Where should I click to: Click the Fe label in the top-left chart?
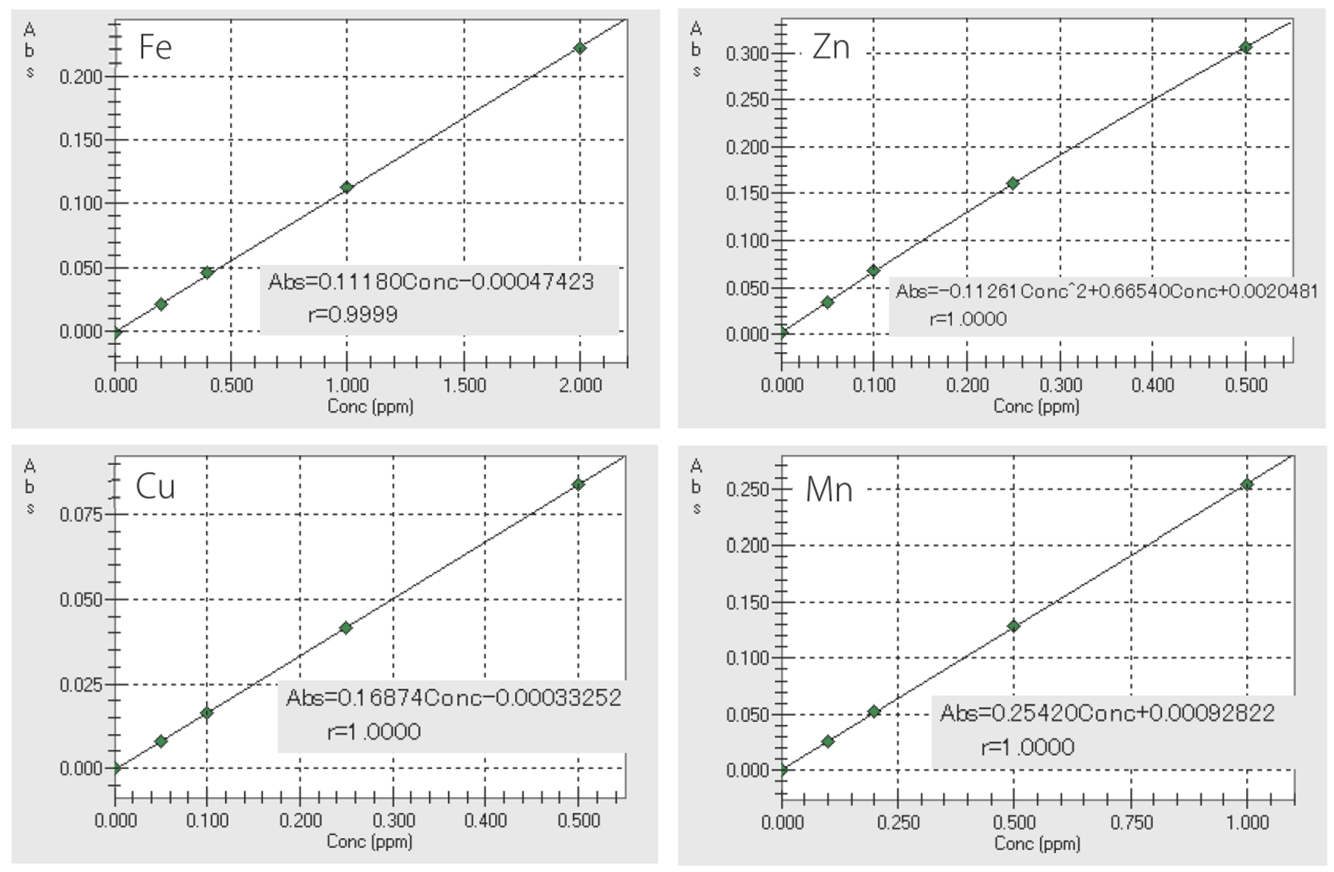155,48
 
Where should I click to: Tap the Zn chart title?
831,48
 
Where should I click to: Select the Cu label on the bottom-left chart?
155,486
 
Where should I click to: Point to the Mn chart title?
829,489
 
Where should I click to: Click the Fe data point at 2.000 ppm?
579,48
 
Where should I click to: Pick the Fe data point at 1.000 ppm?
347,187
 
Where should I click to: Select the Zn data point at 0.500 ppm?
1245,47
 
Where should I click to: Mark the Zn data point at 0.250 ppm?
1013,184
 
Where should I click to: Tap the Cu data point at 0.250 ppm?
346,628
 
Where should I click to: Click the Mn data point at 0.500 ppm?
1014,626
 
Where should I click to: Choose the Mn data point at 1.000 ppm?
1247,484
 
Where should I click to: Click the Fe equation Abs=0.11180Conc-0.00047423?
431,282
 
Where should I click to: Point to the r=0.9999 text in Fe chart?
353,314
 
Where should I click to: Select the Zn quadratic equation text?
1106,292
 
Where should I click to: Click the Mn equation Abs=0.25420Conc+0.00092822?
1107,714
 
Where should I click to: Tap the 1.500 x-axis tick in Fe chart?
464,385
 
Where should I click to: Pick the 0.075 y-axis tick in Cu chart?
81,515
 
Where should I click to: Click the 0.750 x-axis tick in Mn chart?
1131,823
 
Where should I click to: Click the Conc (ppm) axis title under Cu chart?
370,842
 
